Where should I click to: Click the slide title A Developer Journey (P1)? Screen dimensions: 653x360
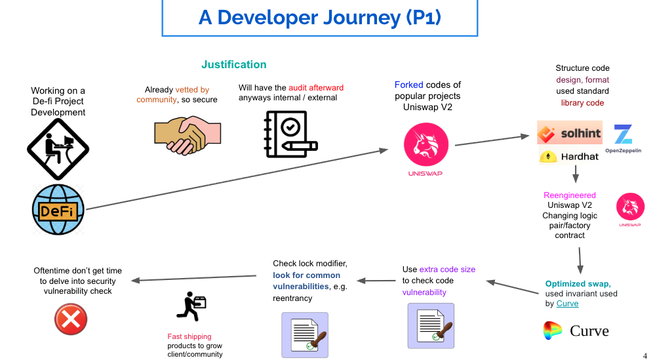pyautogui.click(x=319, y=18)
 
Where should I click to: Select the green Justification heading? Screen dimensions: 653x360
pyautogui.click(x=233, y=64)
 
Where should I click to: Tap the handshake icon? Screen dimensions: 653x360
pyautogui.click(x=188, y=135)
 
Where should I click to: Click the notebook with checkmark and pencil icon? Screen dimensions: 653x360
pyautogui.click(x=290, y=134)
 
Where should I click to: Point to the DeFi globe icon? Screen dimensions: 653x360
pyautogui.click(x=58, y=210)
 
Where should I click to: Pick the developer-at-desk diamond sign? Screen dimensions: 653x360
pyautogui.click(x=58, y=149)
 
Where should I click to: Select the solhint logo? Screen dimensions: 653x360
pyautogui.click(x=570, y=132)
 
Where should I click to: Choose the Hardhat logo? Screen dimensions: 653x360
pyautogui.click(x=569, y=156)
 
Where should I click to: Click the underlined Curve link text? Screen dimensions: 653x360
pyautogui.click(x=567, y=304)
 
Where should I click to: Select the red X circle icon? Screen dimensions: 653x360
pyautogui.click(x=71, y=319)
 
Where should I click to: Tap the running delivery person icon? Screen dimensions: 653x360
pyautogui.click(x=191, y=306)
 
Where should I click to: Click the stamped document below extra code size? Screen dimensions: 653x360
pyautogui.click(x=431, y=326)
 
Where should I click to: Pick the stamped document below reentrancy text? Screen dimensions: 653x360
pyautogui.click(x=305, y=335)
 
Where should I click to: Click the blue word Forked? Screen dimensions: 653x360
pyautogui.click(x=408, y=85)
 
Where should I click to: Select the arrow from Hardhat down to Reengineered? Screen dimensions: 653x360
pyautogui.click(x=576, y=174)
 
